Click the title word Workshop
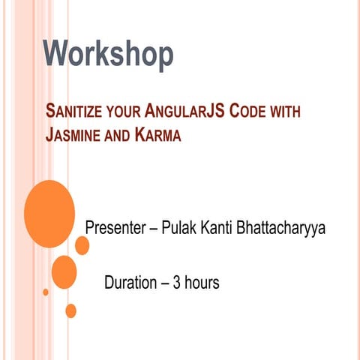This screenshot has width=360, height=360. (108, 55)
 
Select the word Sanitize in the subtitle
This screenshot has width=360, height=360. (73, 114)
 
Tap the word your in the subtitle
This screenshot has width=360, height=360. (124, 115)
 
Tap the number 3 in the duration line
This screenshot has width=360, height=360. (177, 283)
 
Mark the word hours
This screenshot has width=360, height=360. (202, 283)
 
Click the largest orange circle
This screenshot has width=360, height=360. (49, 214)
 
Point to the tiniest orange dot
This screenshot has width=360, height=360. (46, 292)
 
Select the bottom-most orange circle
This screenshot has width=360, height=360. (70, 310)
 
